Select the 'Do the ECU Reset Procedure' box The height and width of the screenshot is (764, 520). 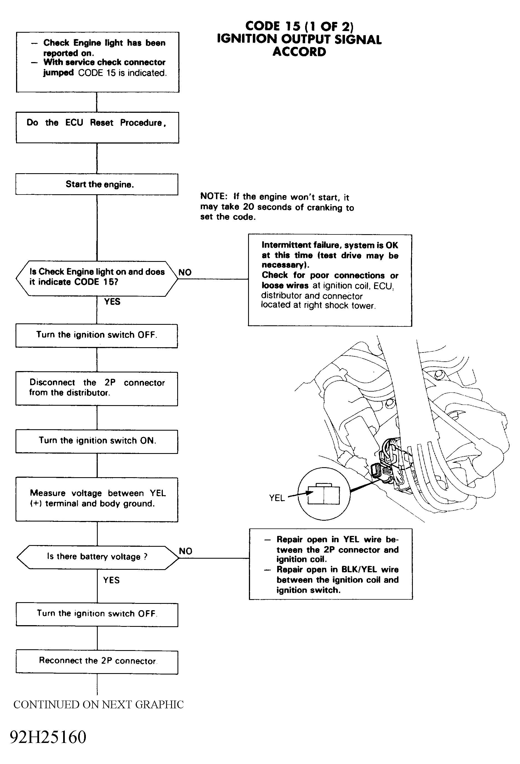(97, 127)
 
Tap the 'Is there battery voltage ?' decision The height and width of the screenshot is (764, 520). (97, 557)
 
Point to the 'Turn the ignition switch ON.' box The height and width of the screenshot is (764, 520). (97, 441)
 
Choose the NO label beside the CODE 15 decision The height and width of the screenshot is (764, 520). (185, 272)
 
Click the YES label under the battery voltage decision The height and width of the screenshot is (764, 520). (111, 580)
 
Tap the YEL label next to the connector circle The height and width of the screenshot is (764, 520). (277, 498)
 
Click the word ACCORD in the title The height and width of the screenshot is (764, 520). (299, 52)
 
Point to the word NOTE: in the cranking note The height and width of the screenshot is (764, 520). (214, 196)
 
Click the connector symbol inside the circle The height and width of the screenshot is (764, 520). (324, 494)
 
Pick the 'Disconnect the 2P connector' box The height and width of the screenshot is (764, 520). (97, 389)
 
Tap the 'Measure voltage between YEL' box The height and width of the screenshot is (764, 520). (97, 500)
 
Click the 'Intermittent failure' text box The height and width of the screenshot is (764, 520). (330, 280)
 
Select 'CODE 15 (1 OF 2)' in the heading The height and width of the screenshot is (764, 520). (299, 26)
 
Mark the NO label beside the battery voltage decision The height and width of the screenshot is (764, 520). (186, 551)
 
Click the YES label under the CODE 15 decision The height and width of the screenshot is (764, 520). (112, 301)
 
